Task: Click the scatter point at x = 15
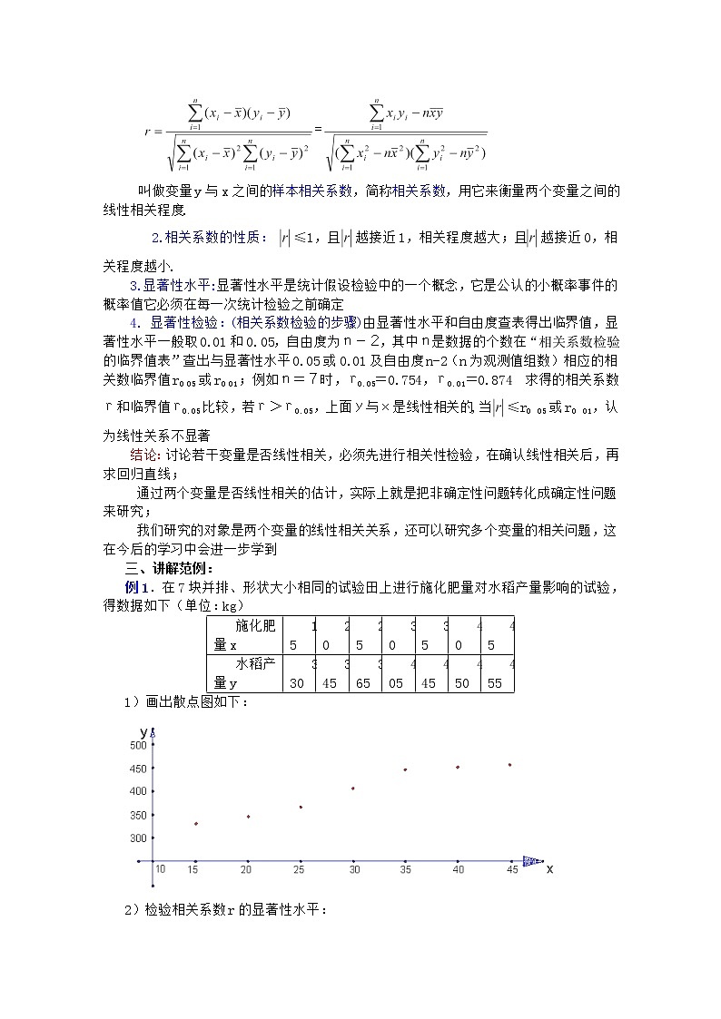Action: tap(195, 824)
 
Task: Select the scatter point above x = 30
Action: tap(353, 789)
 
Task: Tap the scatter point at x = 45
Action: tap(510, 765)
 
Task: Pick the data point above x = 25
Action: tap(301, 807)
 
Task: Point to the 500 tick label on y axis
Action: tap(138, 745)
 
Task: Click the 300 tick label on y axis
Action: tap(138, 838)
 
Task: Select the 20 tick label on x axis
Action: tap(246, 870)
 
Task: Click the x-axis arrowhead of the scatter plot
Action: tap(534, 861)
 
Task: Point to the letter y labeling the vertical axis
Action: tap(143, 730)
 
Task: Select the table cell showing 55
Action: tap(496, 683)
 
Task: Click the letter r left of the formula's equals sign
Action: tap(147, 132)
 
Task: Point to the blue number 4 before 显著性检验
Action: tap(134, 322)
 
